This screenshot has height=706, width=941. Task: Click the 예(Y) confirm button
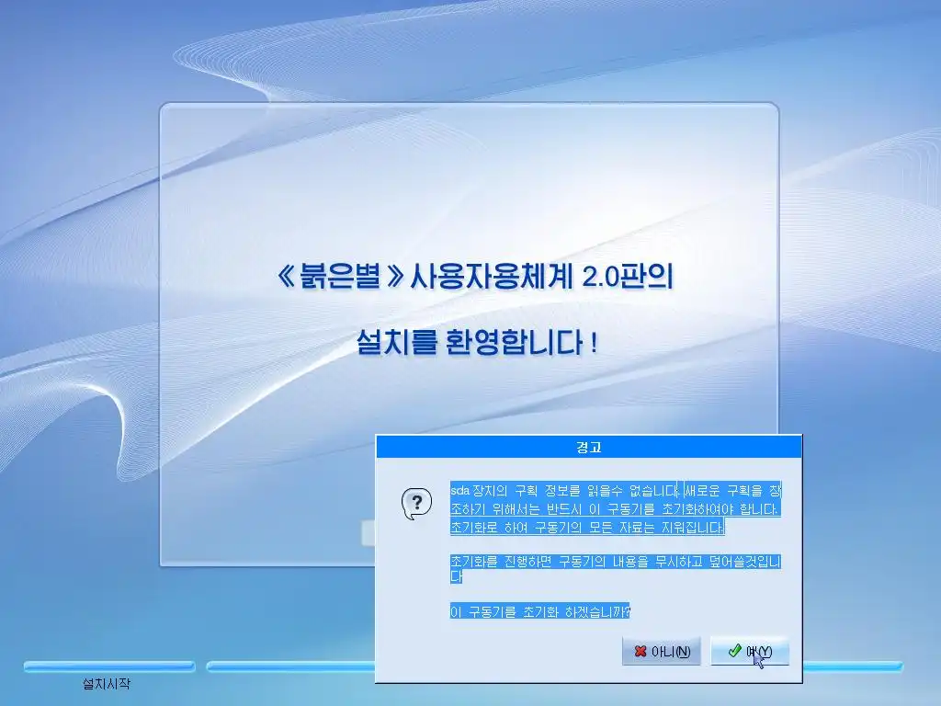pyautogui.click(x=750, y=652)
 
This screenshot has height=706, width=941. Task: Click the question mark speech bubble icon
pyautogui.click(x=416, y=504)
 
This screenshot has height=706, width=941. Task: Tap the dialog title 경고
pyautogui.click(x=589, y=448)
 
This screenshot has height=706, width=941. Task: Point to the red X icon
pyautogui.click(x=641, y=652)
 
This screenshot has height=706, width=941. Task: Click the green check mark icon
pyautogui.click(x=734, y=651)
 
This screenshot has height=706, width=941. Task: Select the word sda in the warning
pyautogui.click(x=459, y=491)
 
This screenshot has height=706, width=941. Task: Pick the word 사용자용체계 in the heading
pyautogui.click(x=491, y=277)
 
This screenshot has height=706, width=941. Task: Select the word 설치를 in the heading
pyautogui.click(x=397, y=342)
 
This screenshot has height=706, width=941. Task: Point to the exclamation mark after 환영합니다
pyautogui.click(x=595, y=343)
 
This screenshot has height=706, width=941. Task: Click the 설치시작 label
pyautogui.click(x=107, y=683)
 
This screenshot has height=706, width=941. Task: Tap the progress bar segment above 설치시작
pyautogui.click(x=109, y=666)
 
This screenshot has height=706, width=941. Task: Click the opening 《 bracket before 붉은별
pyautogui.click(x=286, y=277)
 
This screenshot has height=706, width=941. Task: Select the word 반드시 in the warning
pyautogui.click(x=564, y=509)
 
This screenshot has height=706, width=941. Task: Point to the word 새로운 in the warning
pyautogui.click(x=702, y=491)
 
